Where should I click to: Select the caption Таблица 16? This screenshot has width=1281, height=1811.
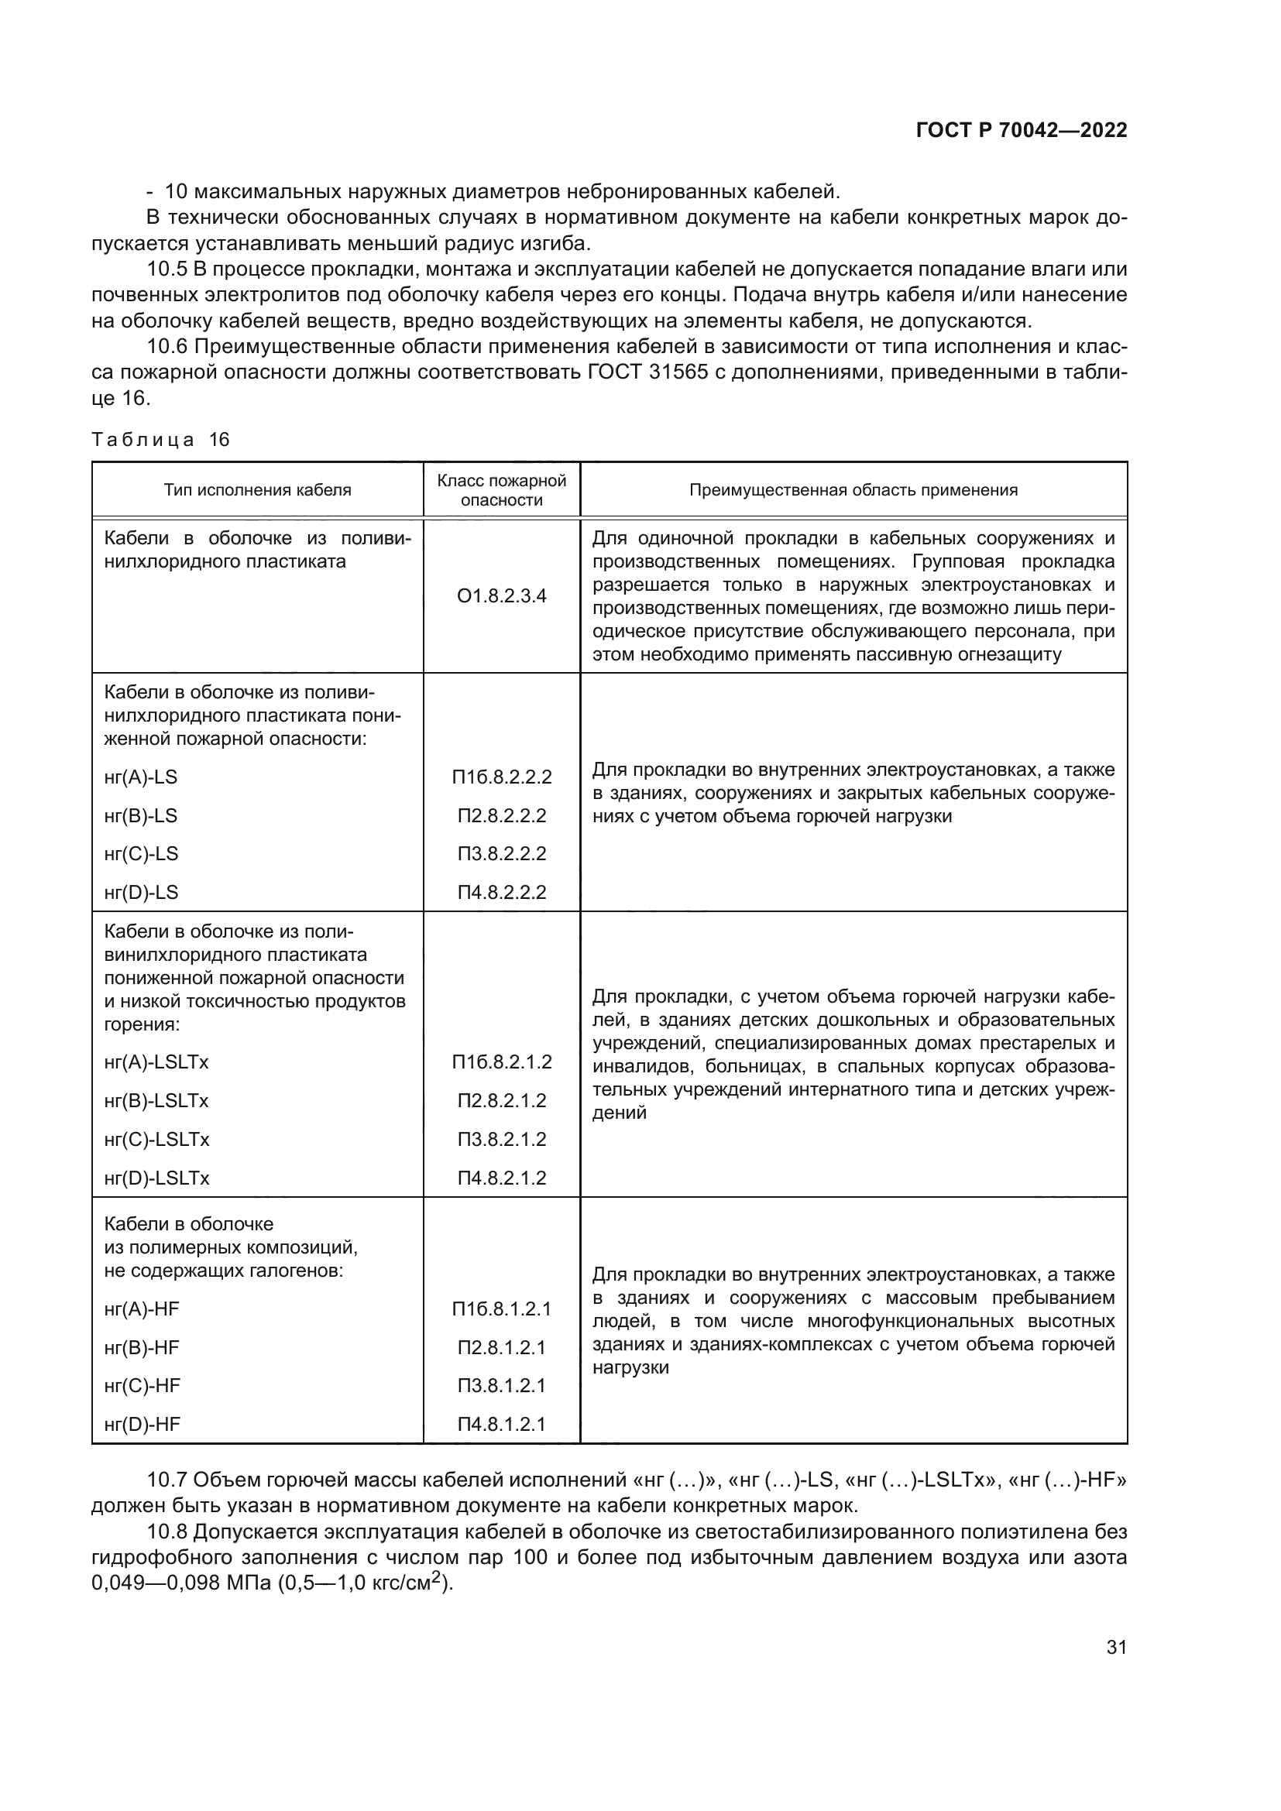coord(160,439)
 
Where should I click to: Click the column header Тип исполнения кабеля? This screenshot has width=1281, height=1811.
coord(257,490)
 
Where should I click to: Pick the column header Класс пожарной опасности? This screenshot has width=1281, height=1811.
coord(502,490)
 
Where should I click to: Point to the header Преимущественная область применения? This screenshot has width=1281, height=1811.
coord(853,490)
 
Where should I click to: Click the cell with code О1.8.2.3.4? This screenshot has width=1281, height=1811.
coord(502,595)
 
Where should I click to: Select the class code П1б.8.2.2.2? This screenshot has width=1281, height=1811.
coord(502,777)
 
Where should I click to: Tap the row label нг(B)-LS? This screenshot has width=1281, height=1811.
coord(141,815)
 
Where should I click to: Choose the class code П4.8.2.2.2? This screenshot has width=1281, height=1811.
coord(502,892)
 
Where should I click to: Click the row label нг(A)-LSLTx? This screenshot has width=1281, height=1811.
coord(156,1062)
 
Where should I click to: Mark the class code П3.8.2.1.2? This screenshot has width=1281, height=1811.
coord(502,1139)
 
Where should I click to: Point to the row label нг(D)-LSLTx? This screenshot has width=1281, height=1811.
coord(156,1178)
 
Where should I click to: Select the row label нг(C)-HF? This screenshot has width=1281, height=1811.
coord(142,1385)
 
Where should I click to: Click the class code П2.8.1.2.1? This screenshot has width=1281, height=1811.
coord(502,1347)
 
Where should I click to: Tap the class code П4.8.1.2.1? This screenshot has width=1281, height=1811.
coord(502,1424)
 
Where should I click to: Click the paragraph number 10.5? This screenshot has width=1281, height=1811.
coord(167,269)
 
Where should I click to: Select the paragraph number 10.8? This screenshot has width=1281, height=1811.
coord(167,1531)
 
